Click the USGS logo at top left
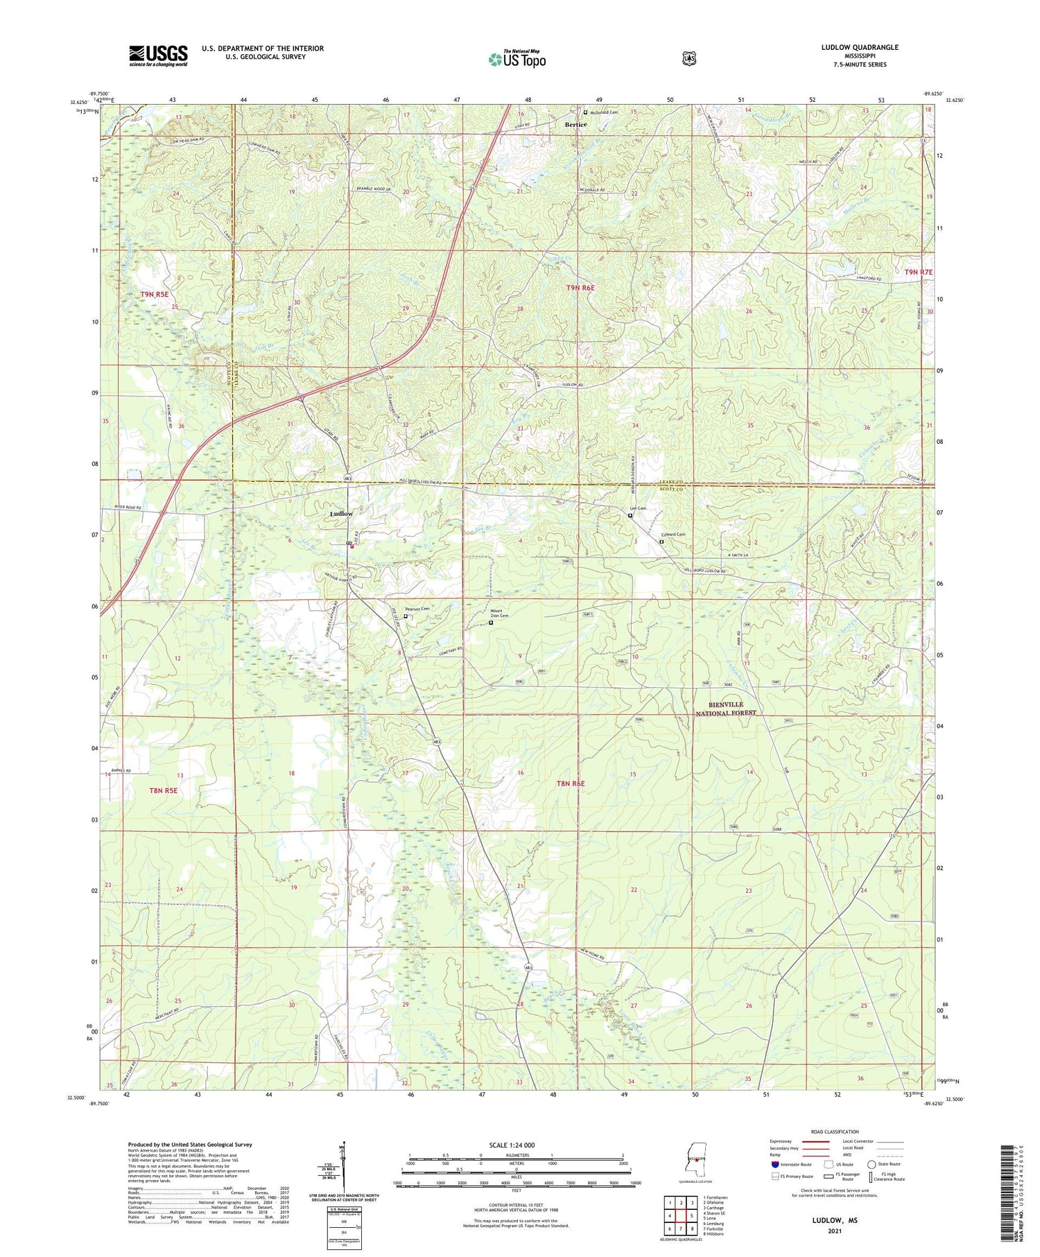tap(158, 55)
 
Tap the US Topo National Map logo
tap(517, 59)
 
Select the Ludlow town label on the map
tap(341, 513)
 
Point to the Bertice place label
tap(575, 125)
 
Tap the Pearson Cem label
tap(418, 609)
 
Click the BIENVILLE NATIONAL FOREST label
tap(726, 709)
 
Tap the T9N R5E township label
tap(154, 294)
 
